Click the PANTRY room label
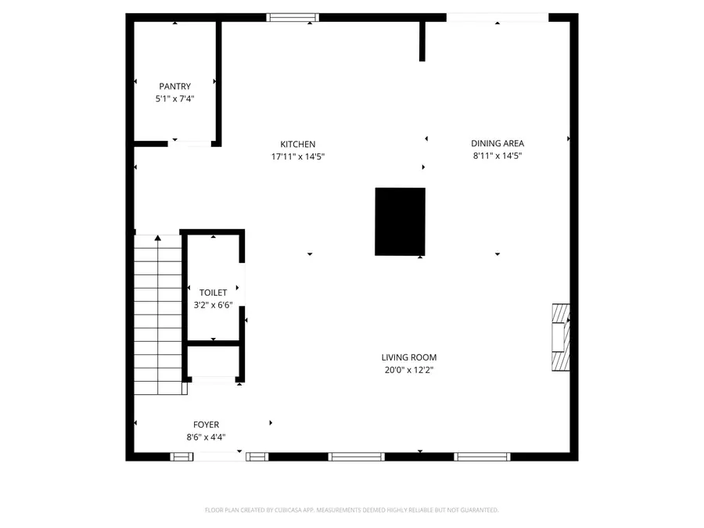tap(174, 86)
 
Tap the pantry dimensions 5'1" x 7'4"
tap(174, 99)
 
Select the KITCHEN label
tap(298, 144)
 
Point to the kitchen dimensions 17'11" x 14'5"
tap(298, 156)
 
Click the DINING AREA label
tap(497, 143)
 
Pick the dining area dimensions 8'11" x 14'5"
tap(497, 156)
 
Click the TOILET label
tap(213, 293)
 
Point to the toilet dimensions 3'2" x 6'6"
tap(213, 305)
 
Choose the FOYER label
tap(207, 425)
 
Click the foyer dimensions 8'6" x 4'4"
tap(207, 437)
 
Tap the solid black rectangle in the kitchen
tap(400, 221)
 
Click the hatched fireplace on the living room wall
tap(560, 336)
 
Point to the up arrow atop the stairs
tap(158, 237)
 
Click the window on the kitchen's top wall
tap(293, 17)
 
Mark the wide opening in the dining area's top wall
tap(497, 17)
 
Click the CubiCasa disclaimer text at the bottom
tap(351, 510)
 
